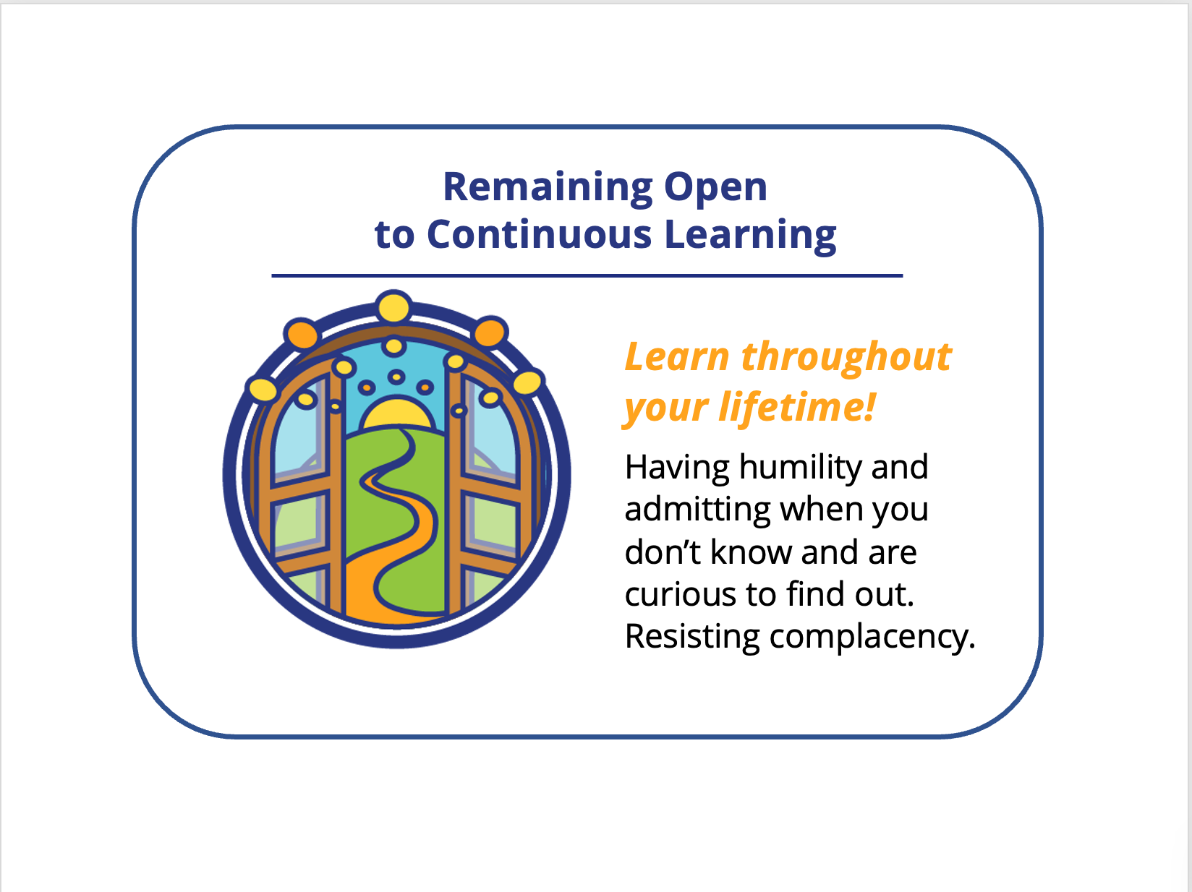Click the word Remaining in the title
[x=548, y=188]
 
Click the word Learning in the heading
[x=750, y=236]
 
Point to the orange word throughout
[x=846, y=357]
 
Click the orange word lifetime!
[x=797, y=407]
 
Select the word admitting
[x=697, y=510]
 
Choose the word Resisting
[x=692, y=636]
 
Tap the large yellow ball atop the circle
[x=393, y=308]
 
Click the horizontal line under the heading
[x=587, y=275]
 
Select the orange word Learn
[x=676, y=358]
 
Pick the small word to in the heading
[x=395, y=236]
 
